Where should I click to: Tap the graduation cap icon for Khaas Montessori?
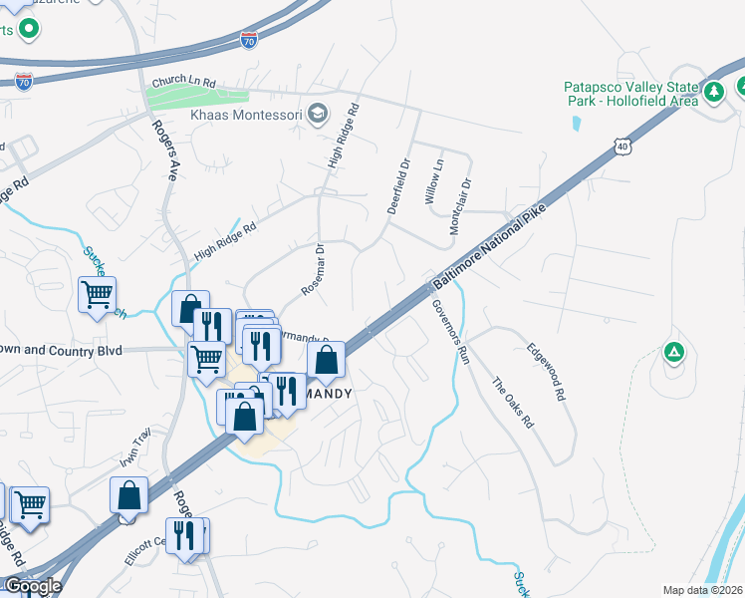click(x=319, y=112)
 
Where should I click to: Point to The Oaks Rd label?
click(x=513, y=402)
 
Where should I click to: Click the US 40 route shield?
click(x=622, y=147)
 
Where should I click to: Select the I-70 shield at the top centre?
click(x=249, y=40)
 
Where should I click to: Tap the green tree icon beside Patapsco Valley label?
click(x=713, y=93)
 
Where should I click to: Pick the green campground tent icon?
click(x=674, y=352)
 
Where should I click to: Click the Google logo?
click(x=32, y=586)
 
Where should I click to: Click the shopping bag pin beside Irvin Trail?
click(x=129, y=494)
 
